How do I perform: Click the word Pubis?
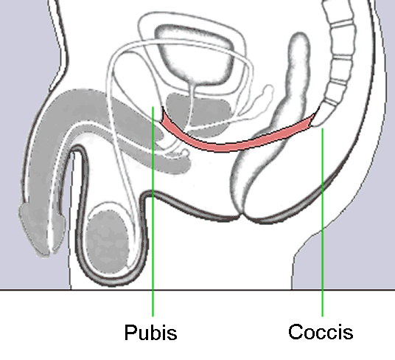[150, 332]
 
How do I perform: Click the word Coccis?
[321, 332]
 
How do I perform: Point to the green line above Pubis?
[153, 211]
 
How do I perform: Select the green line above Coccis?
[323, 222]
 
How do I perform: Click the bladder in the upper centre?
[195, 54]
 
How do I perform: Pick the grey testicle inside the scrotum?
[107, 242]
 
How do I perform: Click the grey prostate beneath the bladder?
[199, 114]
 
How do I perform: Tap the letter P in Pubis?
[130, 332]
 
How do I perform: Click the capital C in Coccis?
[296, 332]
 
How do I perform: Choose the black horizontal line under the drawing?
[197, 290]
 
